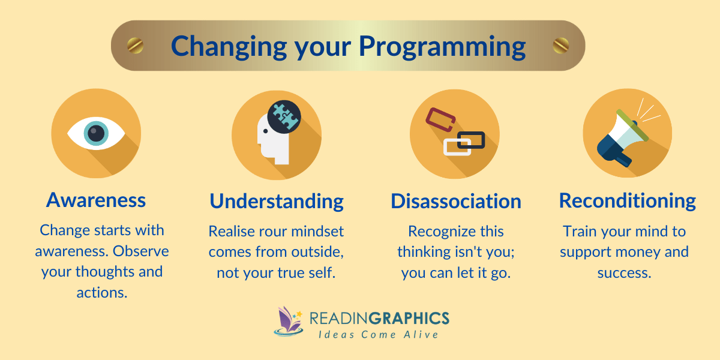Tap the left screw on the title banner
pyautogui.click(x=135, y=45)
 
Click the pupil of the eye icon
pyautogui.click(x=95, y=132)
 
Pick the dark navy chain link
pyautogui.click(x=470, y=140)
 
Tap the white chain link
pyautogui.click(x=457, y=146)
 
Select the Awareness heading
pyautogui.click(x=96, y=200)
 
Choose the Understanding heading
pyautogui.click(x=277, y=201)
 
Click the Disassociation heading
pyautogui.click(x=456, y=201)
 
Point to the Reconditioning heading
pyautogui.click(x=627, y=200)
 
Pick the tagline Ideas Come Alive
pyautogui.click(x=379, y=334)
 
